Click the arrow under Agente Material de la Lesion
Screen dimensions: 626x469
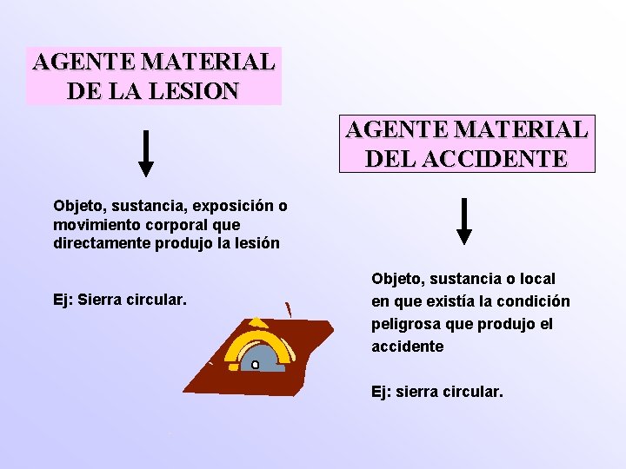(147, 154)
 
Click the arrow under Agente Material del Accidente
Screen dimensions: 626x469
(465, 221)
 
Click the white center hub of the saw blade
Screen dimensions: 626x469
(255, 365)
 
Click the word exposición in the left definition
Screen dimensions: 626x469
(232, 206)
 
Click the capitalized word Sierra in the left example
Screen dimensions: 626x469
(101, 301)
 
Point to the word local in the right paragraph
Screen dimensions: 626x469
(536, 279)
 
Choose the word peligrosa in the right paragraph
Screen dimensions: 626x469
(407, 324)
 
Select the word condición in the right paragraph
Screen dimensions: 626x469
(539, 301)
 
